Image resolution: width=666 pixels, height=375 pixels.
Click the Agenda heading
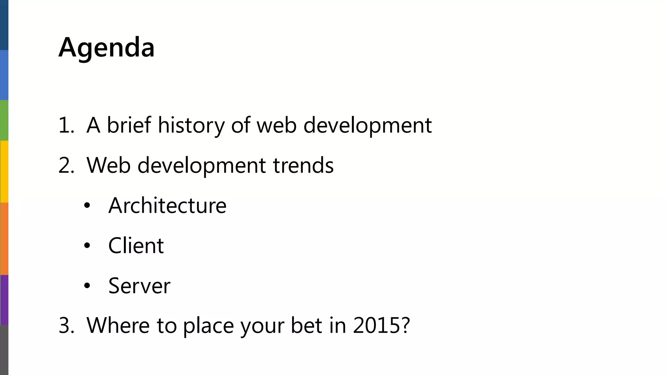click(x=106, y=48)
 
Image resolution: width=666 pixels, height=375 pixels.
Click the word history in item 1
click(x=191, y=125)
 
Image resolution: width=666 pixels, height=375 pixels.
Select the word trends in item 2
click(x=303, y=165)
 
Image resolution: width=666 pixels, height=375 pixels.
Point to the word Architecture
click(x=167, y=206)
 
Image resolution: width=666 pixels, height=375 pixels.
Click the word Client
click(x=136, y=246)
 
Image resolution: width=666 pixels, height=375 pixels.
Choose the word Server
click(x=139, y=286)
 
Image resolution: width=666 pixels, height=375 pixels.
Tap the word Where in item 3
click(x=118, y=325)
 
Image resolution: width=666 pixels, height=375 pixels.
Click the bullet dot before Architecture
click(x=87, y=206)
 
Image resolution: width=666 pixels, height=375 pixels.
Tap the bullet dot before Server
click(x=87, y=286)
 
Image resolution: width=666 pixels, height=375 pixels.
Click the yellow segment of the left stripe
click(x=4, y=172)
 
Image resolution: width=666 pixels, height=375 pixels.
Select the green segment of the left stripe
click(x=4, y=120)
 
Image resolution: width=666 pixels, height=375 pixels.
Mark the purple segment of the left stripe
click(x=4, y=300)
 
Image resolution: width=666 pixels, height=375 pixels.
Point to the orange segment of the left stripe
click(x=4, y=239)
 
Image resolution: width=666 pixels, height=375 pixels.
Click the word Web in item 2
click(x=108, y=165)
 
